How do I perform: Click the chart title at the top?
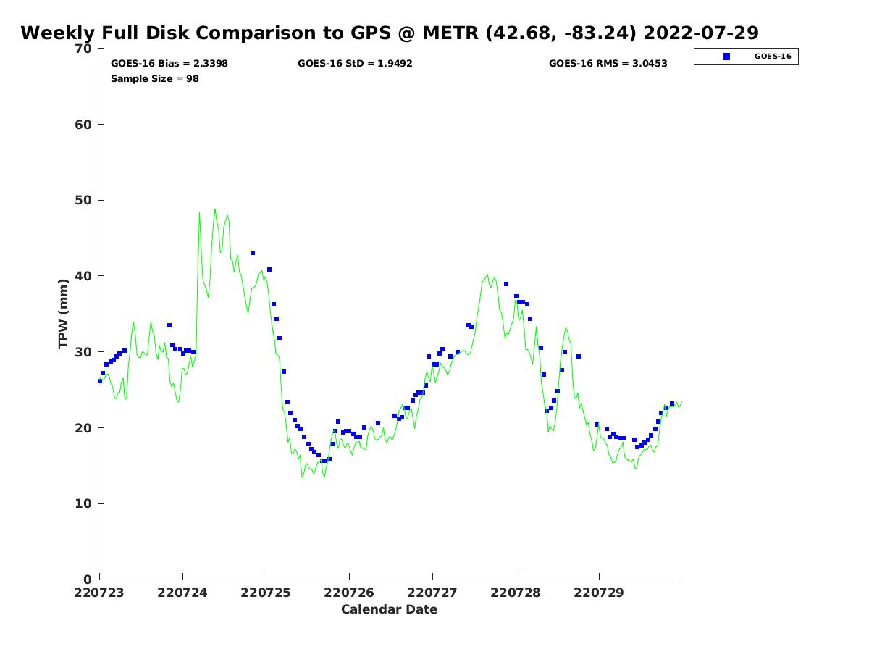point(390,33)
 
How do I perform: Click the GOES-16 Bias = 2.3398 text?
point(169,64)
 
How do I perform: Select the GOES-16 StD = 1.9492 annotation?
point(355,64)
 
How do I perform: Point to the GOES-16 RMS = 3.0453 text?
point(608,64)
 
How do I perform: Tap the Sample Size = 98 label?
point(155,78)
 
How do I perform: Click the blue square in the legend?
point(726,57)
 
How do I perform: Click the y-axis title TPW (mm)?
point(64,314)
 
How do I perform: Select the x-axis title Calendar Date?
point(390,609)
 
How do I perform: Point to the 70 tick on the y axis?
point(84,49)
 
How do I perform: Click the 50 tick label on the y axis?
point(84,200)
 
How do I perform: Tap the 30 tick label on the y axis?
point(84,352)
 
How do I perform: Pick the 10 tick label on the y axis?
point(84,503)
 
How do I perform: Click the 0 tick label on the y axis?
point(88,580)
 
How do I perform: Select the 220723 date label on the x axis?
point(100,593)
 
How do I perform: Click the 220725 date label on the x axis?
point(266,593)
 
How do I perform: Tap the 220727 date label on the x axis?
point(433,593)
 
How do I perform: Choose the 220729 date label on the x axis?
point(599,593)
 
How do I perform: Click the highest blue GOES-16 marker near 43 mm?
point(253,253)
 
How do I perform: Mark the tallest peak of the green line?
point(214,209)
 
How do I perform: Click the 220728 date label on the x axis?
point(516,593)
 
